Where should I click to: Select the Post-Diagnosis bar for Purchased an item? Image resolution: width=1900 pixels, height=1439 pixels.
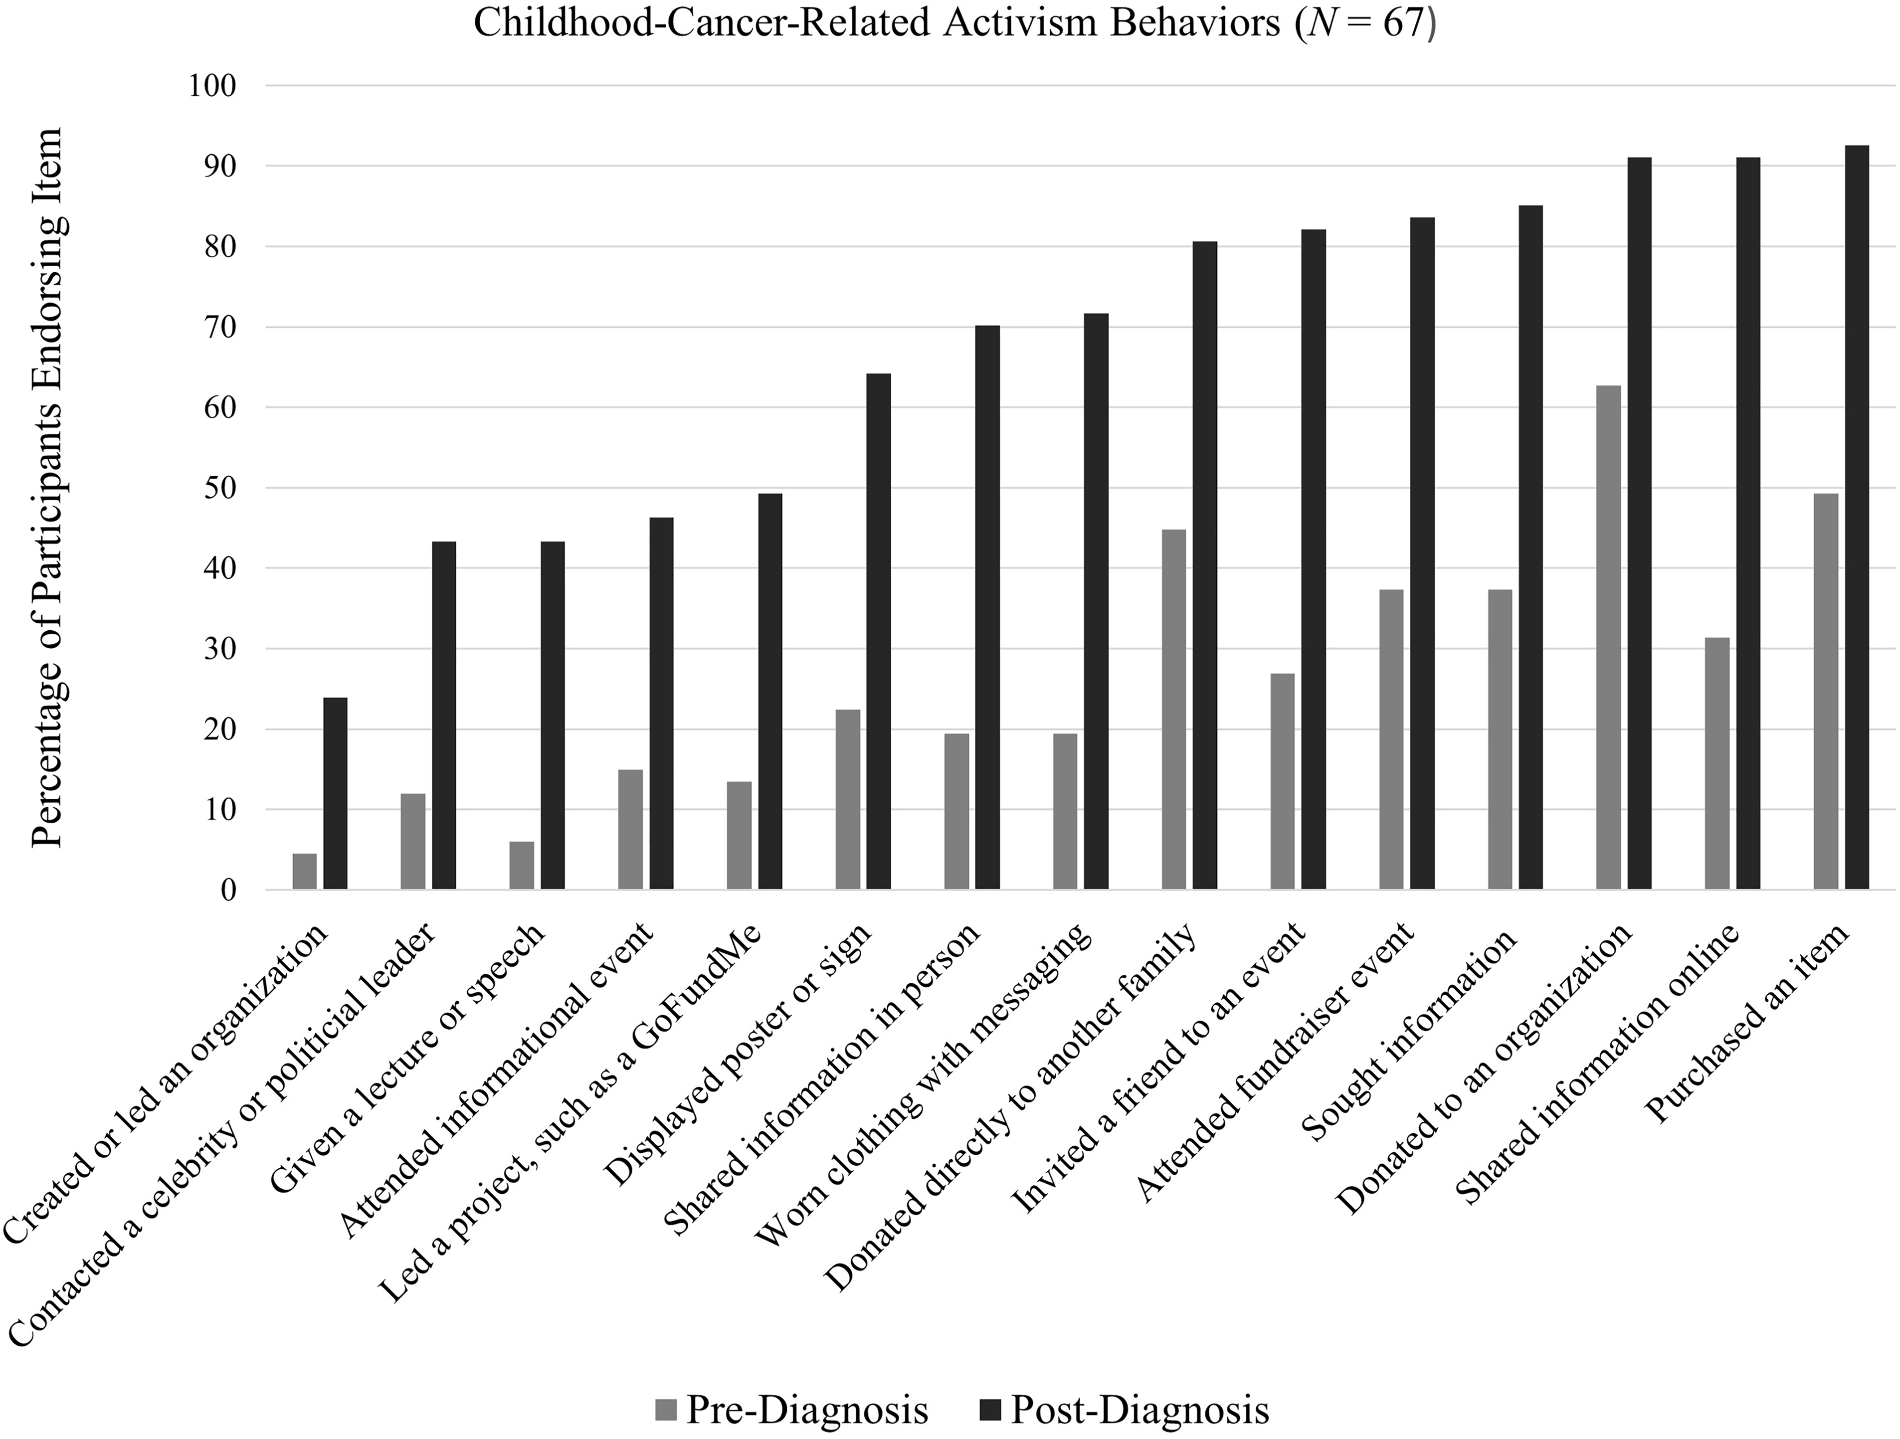click(1857, 518)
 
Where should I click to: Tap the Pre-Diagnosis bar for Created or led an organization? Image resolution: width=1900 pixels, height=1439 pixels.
click(304, 872)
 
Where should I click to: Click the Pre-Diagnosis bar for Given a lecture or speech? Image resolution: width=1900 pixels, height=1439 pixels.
click(522, 866)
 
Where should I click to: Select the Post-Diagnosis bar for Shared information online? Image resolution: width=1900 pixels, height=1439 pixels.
click(1748, 524)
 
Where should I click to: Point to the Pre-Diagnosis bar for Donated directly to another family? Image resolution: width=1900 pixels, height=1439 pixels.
click(1173, 709)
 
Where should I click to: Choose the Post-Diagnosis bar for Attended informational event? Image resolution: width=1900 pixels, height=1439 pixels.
click(661, 703)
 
